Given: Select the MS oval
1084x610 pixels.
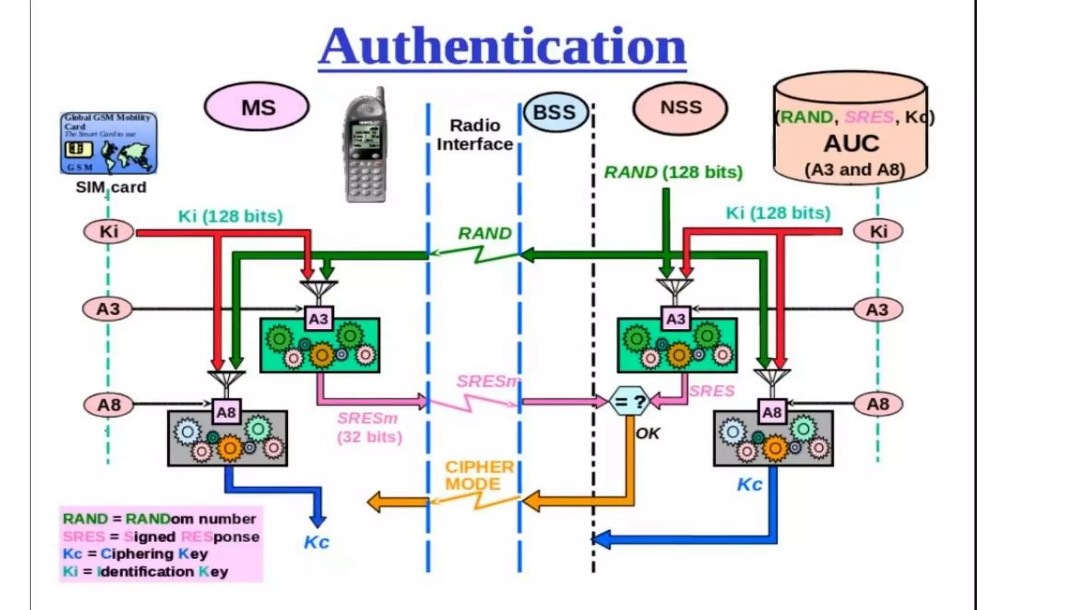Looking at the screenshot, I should click(x=257, y=107).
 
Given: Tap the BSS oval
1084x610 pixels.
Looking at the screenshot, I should click(x=555, y=112).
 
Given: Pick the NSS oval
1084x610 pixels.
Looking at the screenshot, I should click(x=680, y=108).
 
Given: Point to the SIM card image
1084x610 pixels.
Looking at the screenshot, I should click(x=109, y=143).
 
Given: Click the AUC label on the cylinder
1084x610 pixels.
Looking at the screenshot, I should click(x=851, y=143).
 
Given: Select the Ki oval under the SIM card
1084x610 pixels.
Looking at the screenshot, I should click(x=109, y=231).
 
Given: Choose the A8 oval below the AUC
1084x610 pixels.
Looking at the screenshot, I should click(x=878, y=405).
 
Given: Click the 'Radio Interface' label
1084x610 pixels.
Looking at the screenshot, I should click(x=475, y=135).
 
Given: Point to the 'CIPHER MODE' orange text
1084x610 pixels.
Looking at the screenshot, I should click(x=478, y=475).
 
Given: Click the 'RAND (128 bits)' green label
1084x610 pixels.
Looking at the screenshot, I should click(x=673, y=172).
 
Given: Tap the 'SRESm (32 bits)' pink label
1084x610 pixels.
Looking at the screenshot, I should click(x=369, y=427).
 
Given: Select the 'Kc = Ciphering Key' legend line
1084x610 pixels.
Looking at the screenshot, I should click(x=135, y=554).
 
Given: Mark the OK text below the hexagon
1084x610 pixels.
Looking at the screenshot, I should click(x=647, y=434).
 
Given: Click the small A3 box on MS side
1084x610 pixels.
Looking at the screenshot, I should click(x=319, y=319).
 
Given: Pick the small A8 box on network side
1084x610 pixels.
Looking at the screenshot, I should click(x=771, y=412).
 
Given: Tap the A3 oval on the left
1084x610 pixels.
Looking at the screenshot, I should click(x=107, y=309).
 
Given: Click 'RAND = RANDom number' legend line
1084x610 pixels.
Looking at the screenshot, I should click(x=159, y=519).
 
